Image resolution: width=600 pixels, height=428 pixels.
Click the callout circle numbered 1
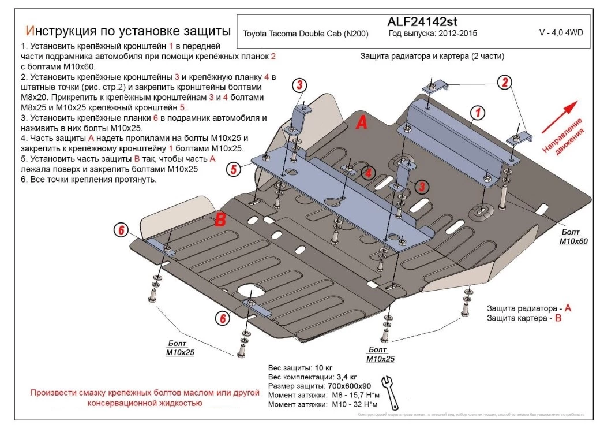tap(478, 112)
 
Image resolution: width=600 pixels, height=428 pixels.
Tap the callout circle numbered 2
tap(505, 82)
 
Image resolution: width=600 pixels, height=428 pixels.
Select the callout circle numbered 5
tap(234, 169)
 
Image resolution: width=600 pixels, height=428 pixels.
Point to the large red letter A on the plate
tap(361, 122)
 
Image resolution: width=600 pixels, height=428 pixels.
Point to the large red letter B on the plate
tap(220, 219)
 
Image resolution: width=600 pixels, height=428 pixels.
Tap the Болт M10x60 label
tap(572, 237)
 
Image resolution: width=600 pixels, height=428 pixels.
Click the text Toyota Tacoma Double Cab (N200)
tap(306, 34)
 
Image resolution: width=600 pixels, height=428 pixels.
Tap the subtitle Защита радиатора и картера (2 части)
tap(432, 57)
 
